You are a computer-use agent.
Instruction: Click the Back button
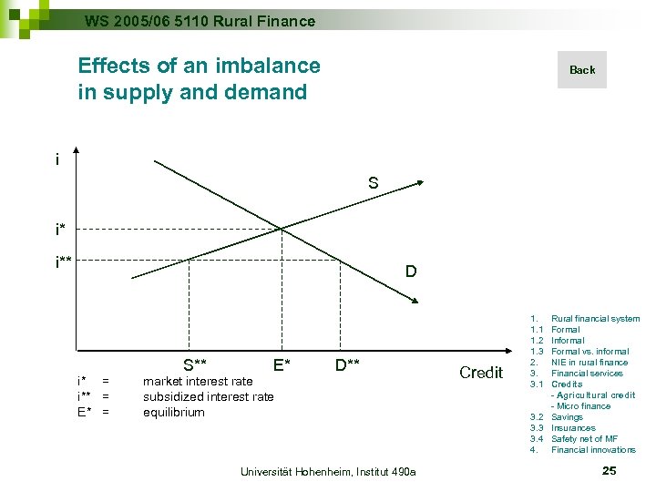tap(581, 70)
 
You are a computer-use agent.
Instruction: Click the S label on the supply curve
tap(374, 183)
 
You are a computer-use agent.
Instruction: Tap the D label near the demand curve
tap(411, 272)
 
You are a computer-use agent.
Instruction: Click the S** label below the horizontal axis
tap(194, 365)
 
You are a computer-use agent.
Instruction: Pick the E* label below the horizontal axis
tap(282, 365)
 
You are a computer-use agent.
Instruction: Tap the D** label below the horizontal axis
tap(347, 365)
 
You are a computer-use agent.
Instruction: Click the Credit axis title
tap(481, 372)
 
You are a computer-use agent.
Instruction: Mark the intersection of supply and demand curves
tap(280, 228)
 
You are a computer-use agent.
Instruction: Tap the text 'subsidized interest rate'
tap(208, 396)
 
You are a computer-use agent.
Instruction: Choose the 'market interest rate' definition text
tap(198, 381)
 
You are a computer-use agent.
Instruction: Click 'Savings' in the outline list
tap(567, 417)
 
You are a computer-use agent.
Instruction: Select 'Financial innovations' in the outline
tap(593, 450)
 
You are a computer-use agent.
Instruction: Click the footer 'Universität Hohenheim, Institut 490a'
tap(327, 471)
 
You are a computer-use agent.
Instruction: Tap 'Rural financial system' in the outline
tap(595, 319)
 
